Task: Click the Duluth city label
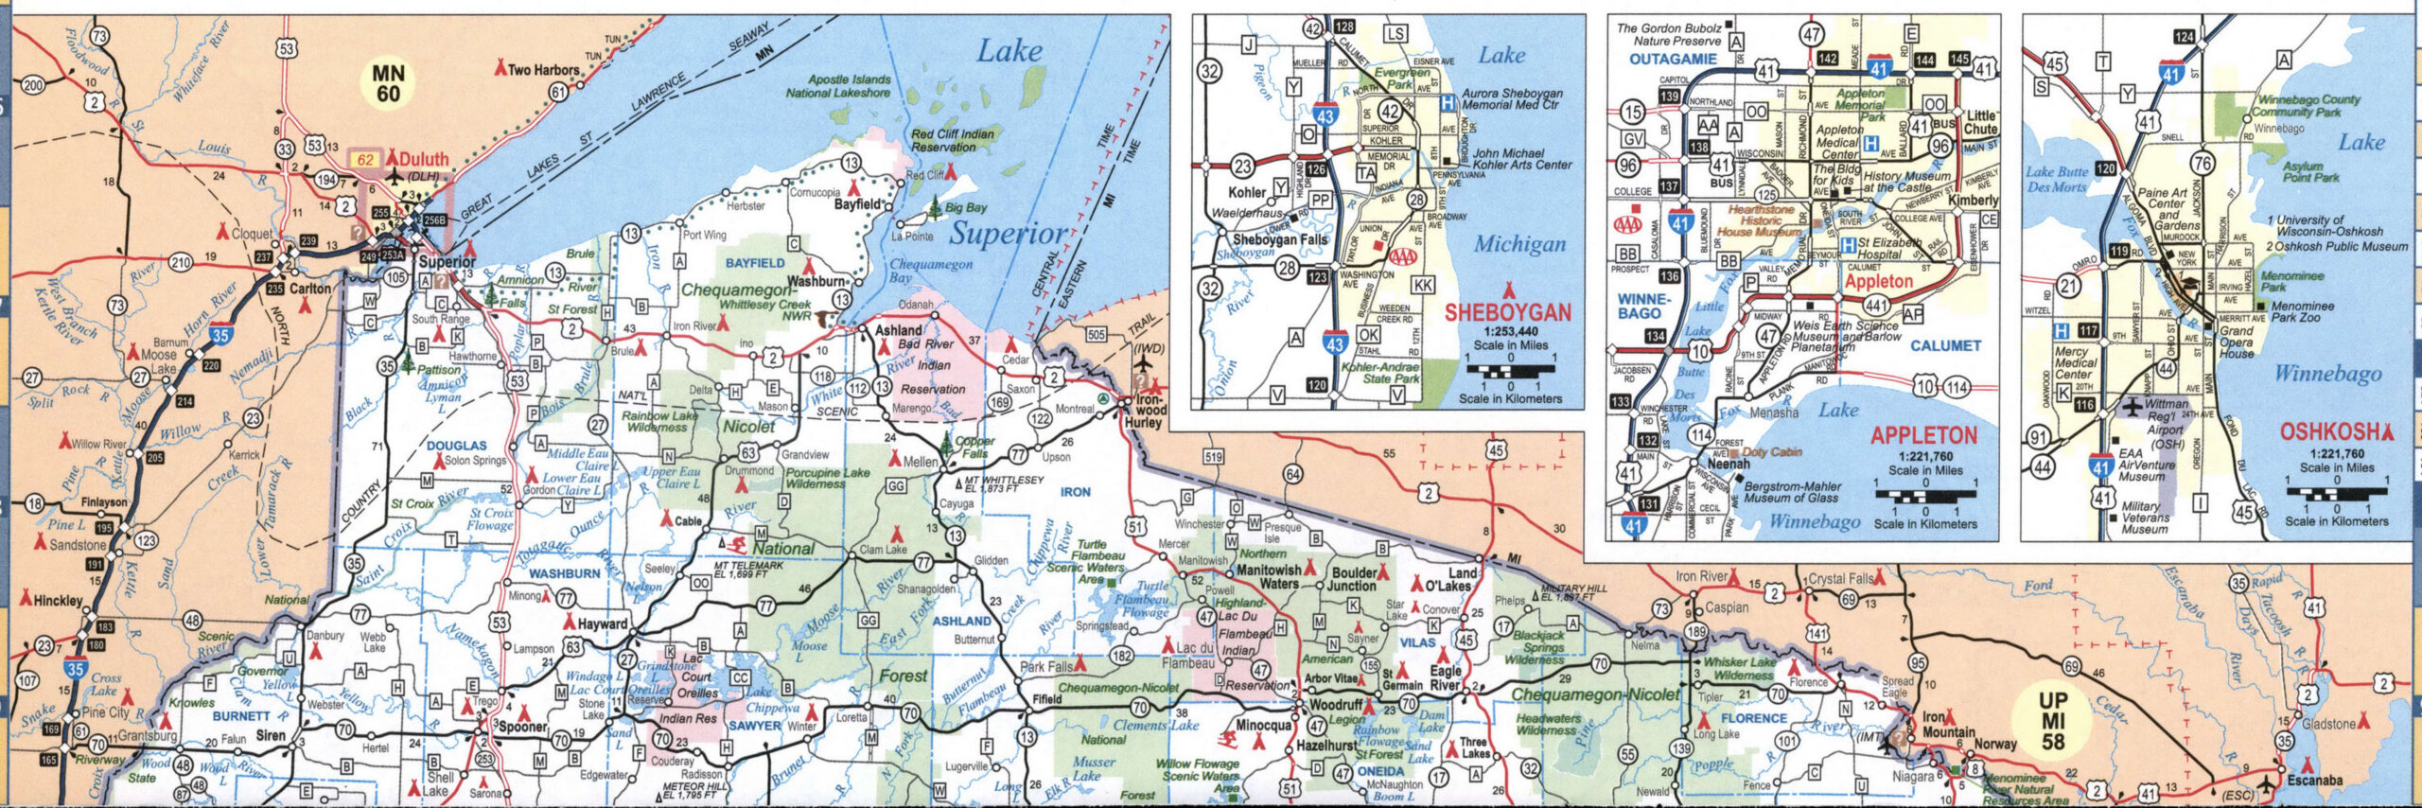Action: click(x=424, y=159)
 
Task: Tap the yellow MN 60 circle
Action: click(x=388, y=83)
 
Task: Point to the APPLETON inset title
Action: click(x=1923, y=435)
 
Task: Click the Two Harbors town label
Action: click(x=543, y=70)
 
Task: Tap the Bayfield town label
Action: click(x=857, y=204)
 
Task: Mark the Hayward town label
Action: click(x=602, y=624)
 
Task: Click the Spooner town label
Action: click(x=523, y=727)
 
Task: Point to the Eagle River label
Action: click(x=1446, y=677)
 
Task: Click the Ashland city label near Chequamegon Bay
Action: click(x=898, y=331)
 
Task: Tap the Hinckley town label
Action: click(x=58, y=601)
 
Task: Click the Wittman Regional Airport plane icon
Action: click(x=2132, y=408)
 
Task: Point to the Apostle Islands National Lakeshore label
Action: click(x=838, y=86)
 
